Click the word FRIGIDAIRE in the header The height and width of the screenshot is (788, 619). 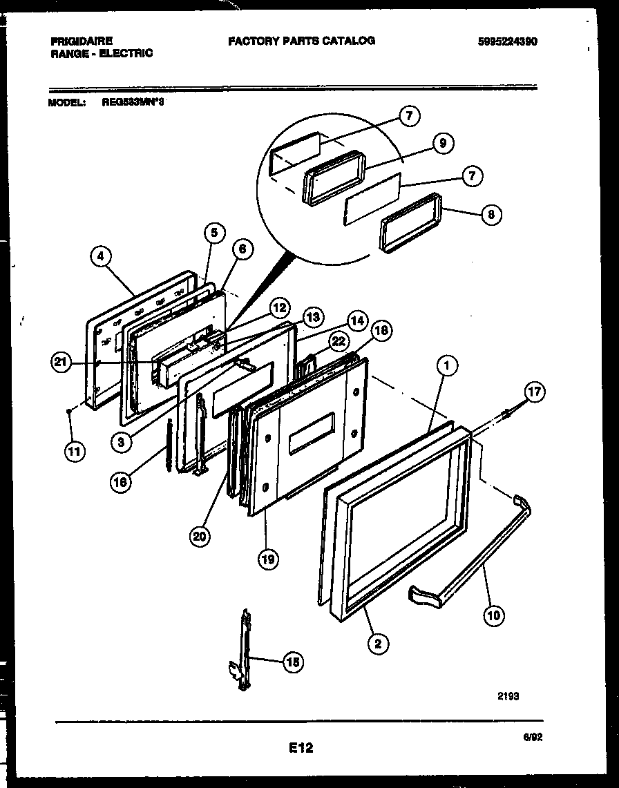tap(82, 41)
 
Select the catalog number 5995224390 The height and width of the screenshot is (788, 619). tap(507, 41)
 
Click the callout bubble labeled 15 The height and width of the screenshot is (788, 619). tap(293, 662)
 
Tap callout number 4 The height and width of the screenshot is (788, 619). tap(101, 257)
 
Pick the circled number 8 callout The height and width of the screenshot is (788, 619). tap(491, 214)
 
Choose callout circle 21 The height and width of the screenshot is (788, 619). tap(61, 363)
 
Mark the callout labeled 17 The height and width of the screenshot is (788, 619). tap(533, 392)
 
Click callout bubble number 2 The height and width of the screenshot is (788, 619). tap(377, 644)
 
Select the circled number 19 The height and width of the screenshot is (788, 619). tap(268, 559)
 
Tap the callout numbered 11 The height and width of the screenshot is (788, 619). tap(74, 452)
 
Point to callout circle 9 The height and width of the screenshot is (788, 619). tap(442, 143)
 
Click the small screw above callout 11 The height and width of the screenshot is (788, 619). tap(70, 412)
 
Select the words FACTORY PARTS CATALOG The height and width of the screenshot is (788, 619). tap(301, 41)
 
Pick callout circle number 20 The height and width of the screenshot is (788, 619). tap(201, 536)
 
